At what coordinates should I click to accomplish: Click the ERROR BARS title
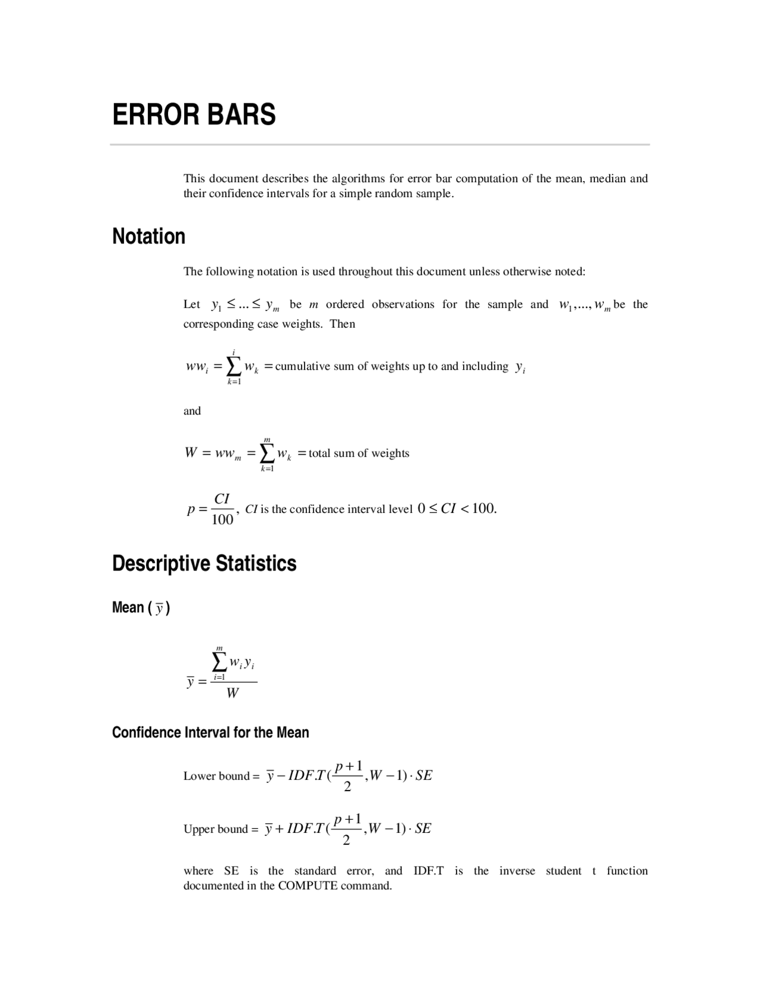(194, 115)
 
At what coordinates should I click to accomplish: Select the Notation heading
(148, 236)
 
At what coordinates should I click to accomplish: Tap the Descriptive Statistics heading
(204, 563)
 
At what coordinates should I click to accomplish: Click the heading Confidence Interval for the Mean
(210, 733)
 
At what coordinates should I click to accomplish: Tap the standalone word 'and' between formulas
(192, 411)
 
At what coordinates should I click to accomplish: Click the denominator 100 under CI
(222, 520)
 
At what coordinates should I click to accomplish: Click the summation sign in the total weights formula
(267, 454)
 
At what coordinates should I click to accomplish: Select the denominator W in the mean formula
(233, 693)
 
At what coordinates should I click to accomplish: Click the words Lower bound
(217, 776)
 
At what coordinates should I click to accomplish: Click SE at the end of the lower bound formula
(424, 775)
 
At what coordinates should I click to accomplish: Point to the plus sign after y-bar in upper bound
(279, 829)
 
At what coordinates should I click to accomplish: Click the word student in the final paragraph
(563, 871)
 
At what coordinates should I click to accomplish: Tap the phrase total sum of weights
(359, 454)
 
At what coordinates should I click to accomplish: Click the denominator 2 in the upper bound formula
(347, 840)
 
